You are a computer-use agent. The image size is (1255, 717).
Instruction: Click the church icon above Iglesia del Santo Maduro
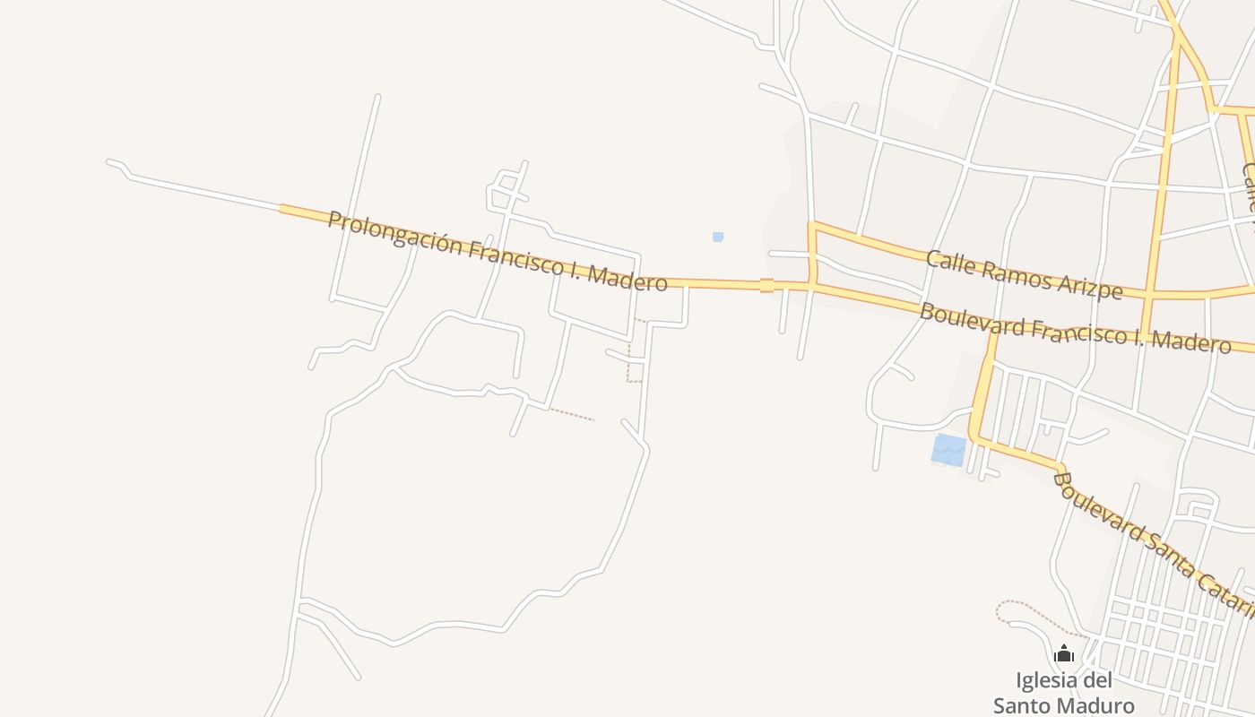coord(1064,654)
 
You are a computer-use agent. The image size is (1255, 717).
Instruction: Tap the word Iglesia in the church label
coord(1043,680)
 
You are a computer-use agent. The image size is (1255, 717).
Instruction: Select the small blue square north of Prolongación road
coord(717,237)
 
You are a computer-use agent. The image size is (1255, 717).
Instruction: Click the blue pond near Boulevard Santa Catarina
coord(948,450)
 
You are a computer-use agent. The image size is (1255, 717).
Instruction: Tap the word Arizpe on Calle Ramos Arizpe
coord(1089,286)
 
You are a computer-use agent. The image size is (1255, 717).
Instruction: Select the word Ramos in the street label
coord(1011,272)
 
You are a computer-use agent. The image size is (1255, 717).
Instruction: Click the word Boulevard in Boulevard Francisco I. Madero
coord(972,320)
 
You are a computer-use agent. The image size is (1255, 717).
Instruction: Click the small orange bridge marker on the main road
coord(766,285)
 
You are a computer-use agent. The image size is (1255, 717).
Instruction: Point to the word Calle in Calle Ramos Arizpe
coord(948,261)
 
